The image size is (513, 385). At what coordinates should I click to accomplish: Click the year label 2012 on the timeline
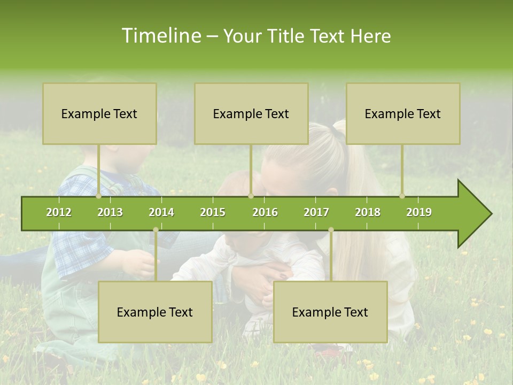point(59,212)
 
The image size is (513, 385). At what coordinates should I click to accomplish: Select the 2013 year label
point(110,212)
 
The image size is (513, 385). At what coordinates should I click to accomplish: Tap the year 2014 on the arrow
point(161,212)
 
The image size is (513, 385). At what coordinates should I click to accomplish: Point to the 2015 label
point(213,212)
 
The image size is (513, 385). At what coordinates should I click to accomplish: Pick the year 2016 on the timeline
point(265,212)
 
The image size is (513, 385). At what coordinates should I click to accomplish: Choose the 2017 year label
point(316,212)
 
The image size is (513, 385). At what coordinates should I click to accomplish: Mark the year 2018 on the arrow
point(368,212)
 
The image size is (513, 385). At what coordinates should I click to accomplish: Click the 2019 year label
point(419,212)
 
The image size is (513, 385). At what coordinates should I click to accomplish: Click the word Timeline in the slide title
point(160,36)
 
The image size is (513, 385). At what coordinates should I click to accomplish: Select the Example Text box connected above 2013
point(99,113)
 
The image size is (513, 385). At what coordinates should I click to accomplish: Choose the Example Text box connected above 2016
point(251,113)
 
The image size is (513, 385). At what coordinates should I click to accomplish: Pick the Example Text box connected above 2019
point(403,113)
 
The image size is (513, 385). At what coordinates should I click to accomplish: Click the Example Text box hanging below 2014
point(155,312)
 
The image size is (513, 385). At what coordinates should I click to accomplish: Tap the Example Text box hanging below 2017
point(330,312)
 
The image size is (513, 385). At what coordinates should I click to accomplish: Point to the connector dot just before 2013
point(99,196)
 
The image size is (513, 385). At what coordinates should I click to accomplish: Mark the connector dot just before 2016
point(251,196)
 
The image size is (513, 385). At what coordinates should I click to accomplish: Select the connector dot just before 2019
point(402,196)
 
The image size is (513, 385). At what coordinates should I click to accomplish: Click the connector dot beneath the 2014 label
point(156,230)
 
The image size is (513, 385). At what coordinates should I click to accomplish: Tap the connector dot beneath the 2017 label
point(331,230)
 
